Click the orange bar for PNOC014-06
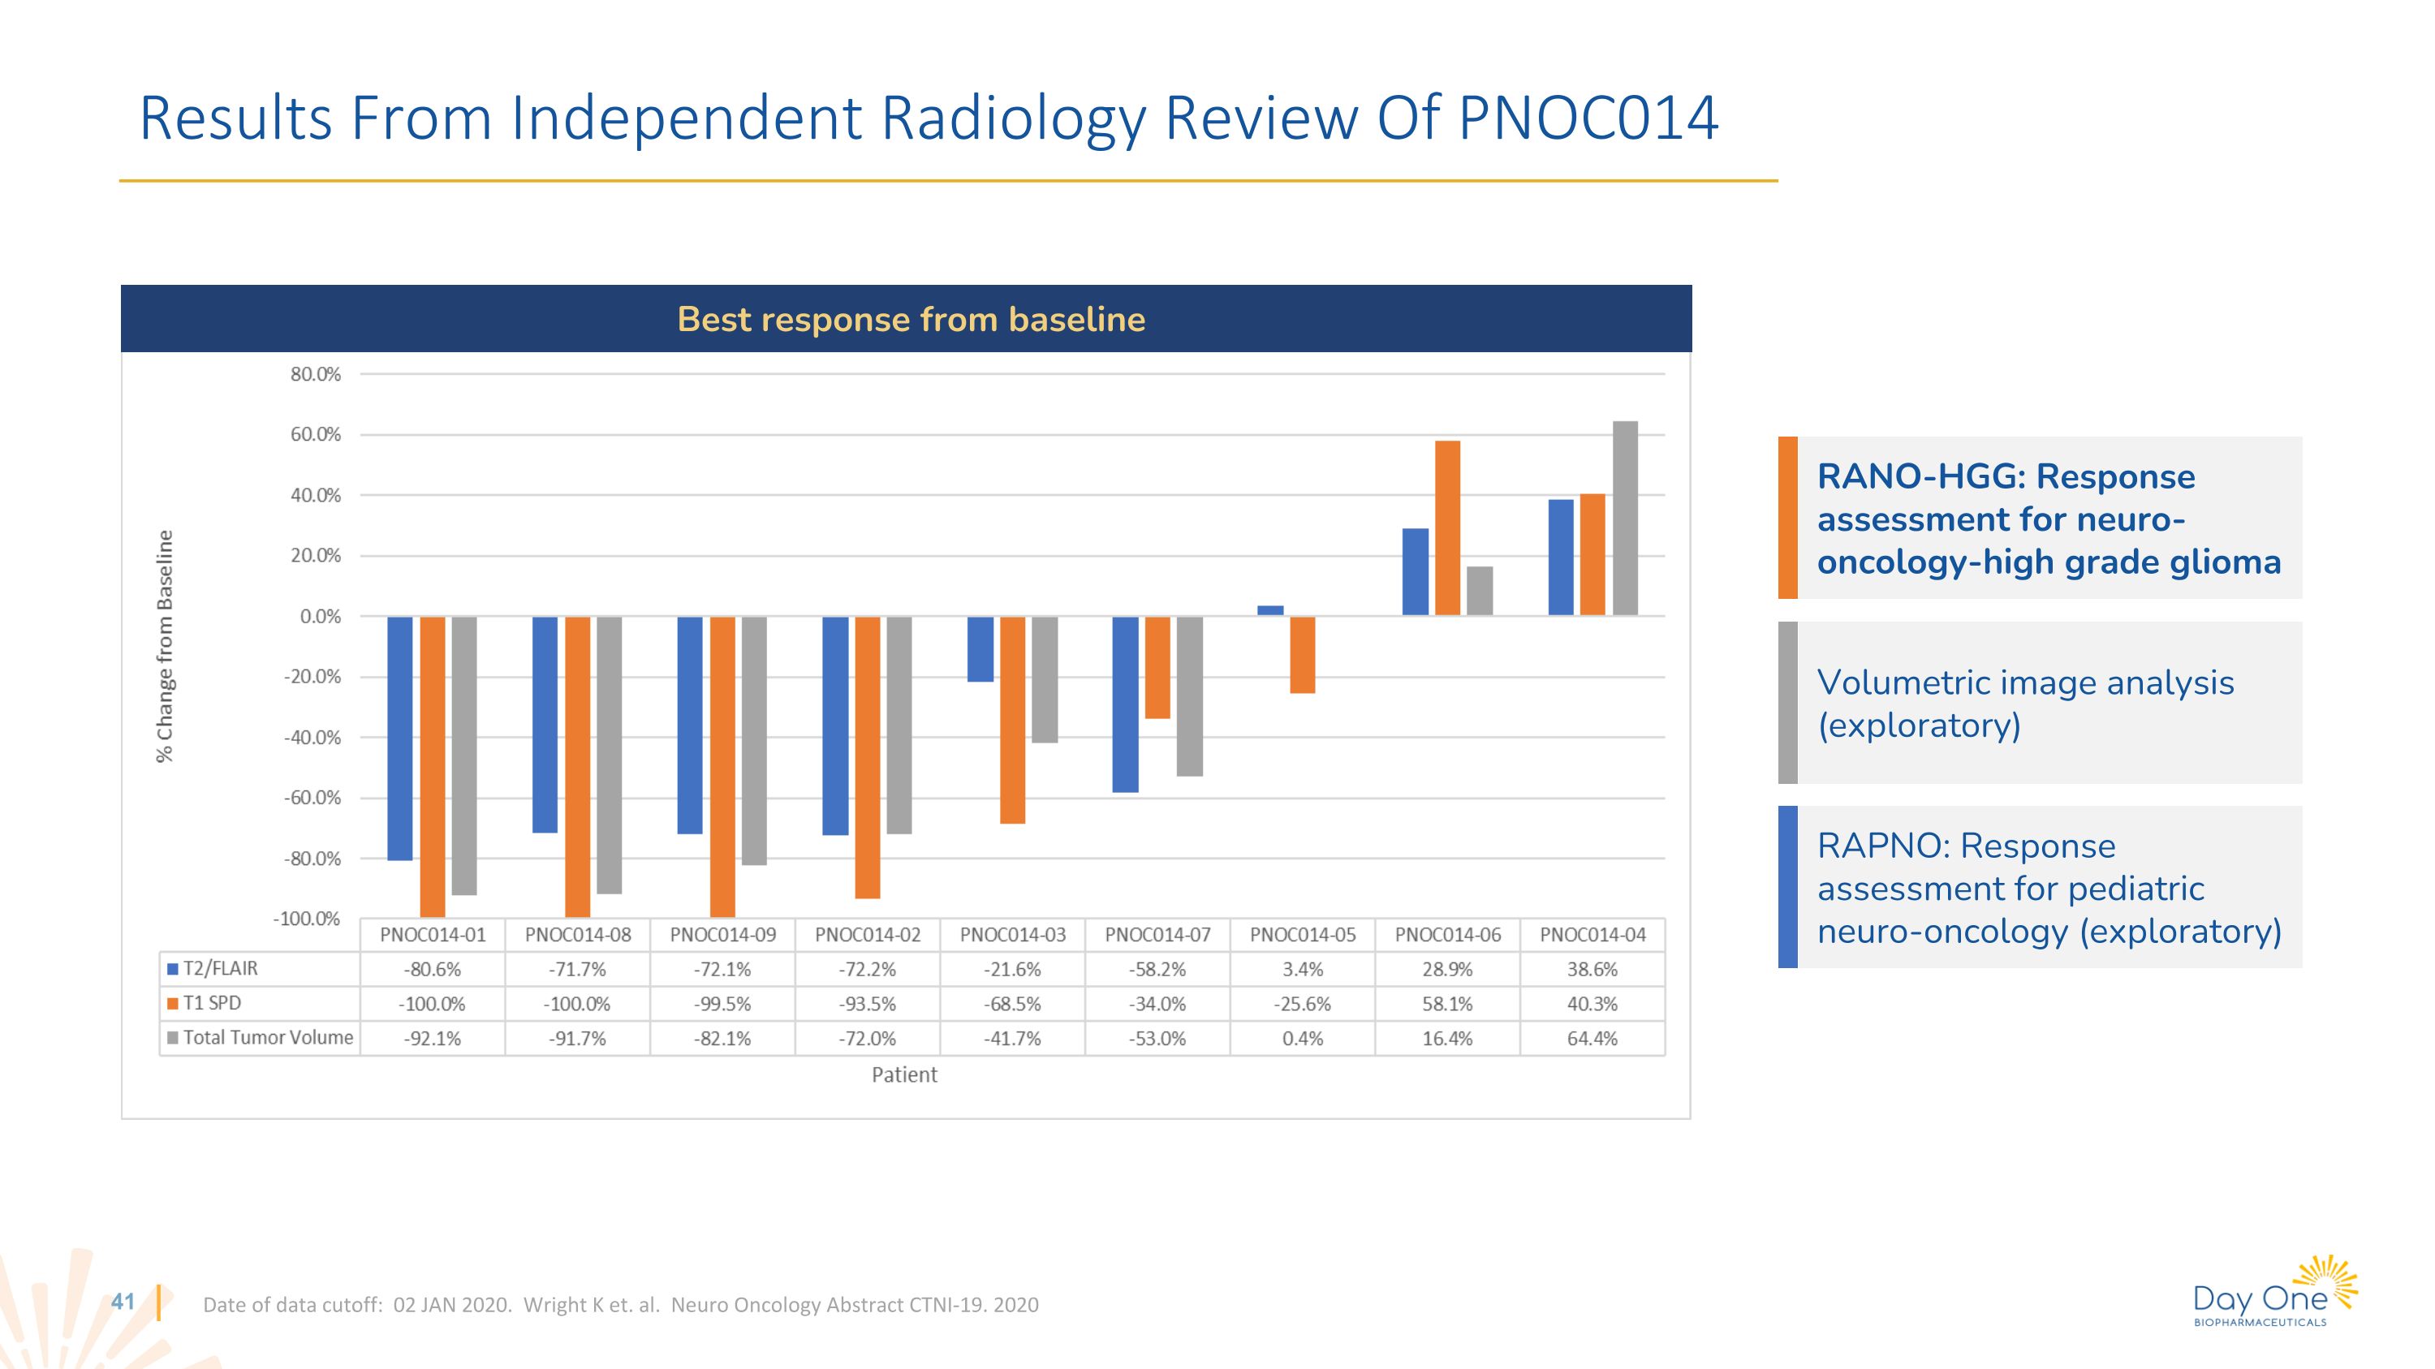(1447, 528)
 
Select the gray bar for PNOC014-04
(1625, 519)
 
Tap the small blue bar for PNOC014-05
(1270, 610)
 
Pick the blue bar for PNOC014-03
(980, 649)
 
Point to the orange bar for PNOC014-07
(1157, 667)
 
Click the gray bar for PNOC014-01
(464, 755)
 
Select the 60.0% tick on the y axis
(316, 435)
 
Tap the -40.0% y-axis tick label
(312, 738)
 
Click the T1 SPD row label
(212, 1003)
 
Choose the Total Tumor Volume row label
(268, 1037)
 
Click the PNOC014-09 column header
(723, 936)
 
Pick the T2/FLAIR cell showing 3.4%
(1303, 970)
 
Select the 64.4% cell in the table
(1592, 1039)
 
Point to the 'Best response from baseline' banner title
(912, 320)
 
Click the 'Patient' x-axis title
(903, 1075)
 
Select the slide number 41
(123, 1302)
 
